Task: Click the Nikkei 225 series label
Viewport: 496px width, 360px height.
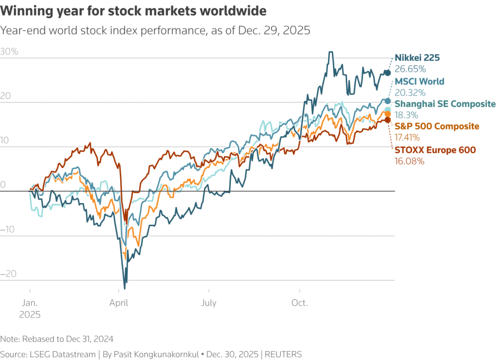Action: pyautogui.click(x=417, y=58)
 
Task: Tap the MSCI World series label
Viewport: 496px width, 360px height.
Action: pyautogui.click(x=419, y=81)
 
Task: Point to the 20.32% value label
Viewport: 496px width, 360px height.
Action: pyautogui.click(x=410, y=92)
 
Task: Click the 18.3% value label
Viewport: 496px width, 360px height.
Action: pyautogui.click(x=408, y=115)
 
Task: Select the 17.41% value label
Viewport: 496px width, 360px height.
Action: pyautogui.click(x=409, y=138)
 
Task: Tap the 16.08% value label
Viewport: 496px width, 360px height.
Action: pyautogui.click(x=410, y=160)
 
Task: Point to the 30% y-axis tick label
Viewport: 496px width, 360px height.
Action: pyautogui.click(x=9, y=52)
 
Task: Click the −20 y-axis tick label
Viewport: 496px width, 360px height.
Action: pyautogui.click(x=9, y=274)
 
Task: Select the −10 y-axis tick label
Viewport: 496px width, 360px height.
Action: pyautogui.click(x=9, y=229)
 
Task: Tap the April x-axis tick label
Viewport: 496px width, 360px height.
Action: pyautogui.click(x=119, y=303)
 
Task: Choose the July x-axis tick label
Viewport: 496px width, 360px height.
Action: pyautogui.click(x=209, y=303)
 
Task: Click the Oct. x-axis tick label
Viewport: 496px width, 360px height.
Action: pyautogui.click(x=299, y=303)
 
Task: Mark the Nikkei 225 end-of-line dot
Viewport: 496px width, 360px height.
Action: pyautogui.click(x=387, y=73)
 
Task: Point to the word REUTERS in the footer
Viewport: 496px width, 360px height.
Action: pyautogui.click(x=283, y=354)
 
